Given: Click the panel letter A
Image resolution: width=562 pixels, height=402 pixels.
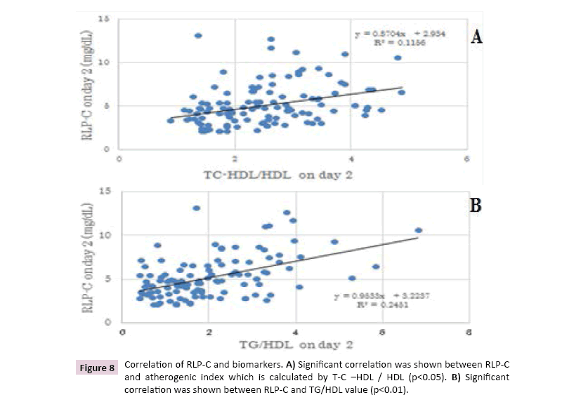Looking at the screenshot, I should point(476,37).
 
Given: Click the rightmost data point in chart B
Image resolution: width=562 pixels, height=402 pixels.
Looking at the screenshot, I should point(419,230).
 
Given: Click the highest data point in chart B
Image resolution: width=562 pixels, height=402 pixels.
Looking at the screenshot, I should point(196,208).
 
